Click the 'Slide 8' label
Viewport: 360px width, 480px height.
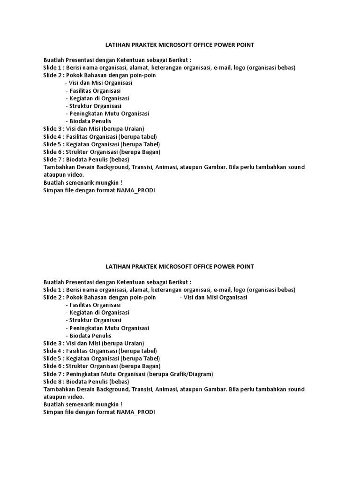click(x=52, y=382)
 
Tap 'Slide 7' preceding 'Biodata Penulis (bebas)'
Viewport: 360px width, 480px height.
click(x=52, y=159)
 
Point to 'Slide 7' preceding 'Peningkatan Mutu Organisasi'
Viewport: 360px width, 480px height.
click(x=52, y=374)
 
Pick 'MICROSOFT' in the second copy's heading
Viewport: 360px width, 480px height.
click(x=166, y=266)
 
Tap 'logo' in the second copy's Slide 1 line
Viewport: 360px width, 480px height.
click(x=240, y=290)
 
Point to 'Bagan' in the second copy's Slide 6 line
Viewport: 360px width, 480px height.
click(x=150, y=366)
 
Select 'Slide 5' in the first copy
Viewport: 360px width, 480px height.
click(x=52, y=144)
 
